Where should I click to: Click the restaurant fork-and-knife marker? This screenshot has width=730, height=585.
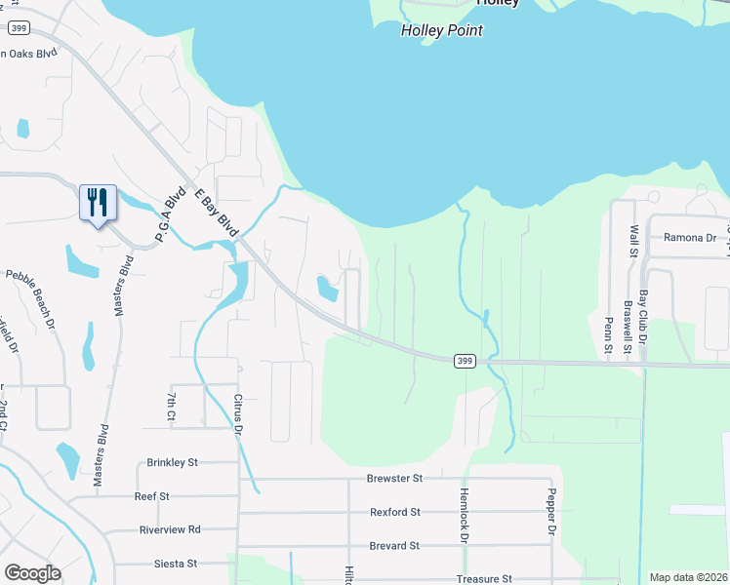[98, 203]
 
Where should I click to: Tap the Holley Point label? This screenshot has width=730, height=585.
[442, 30]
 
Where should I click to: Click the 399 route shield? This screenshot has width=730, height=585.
[465, 362]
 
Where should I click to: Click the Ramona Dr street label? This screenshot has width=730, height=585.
[690, 237]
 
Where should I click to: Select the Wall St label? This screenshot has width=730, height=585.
[633, 240]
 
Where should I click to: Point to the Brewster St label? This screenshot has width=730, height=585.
[394, 479]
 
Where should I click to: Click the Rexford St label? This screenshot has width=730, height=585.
[394, 512]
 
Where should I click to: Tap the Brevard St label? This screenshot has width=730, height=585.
[394, 546]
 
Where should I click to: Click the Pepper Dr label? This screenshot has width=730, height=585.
[551, 512]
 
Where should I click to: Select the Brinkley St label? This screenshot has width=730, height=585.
[172, 462]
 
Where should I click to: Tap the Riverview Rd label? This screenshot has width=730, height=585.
[170, 529]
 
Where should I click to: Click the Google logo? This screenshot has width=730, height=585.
[32, 573]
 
